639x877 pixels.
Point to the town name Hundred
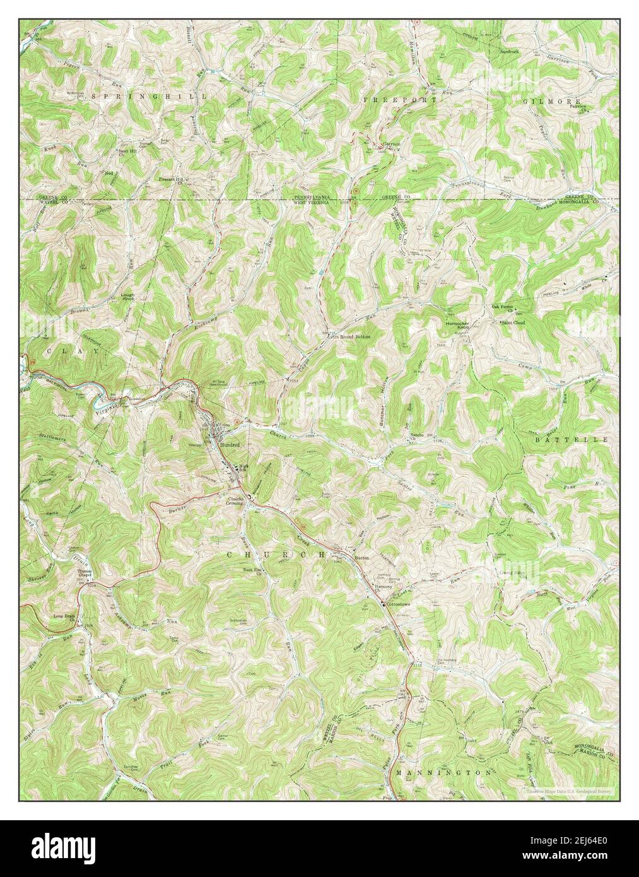[230, 445]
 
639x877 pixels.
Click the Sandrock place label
[509, 50]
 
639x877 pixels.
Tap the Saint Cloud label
[513, 322]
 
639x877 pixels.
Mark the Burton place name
[361, 559]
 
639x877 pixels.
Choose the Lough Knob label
[129, 297]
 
